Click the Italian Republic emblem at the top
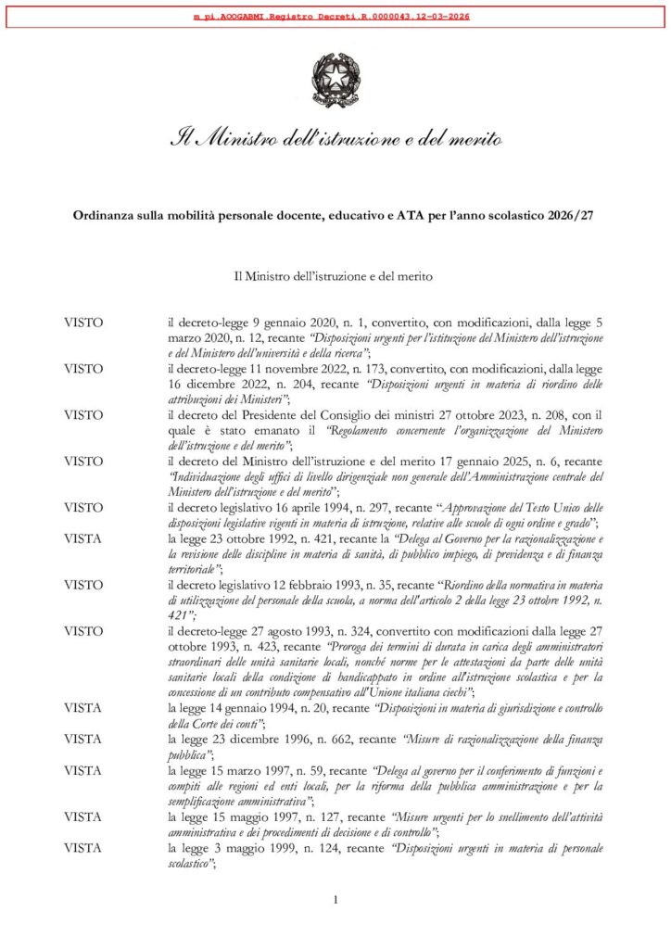coord(335,80)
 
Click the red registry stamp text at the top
coord(335,17)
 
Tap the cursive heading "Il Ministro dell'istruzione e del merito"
coord(335,141)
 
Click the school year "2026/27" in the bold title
coord(570,215)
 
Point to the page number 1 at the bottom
coord(335,899)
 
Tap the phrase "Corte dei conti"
coord(217,720)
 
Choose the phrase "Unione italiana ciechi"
coord(424,691)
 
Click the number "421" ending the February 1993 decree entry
coord(178,615)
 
